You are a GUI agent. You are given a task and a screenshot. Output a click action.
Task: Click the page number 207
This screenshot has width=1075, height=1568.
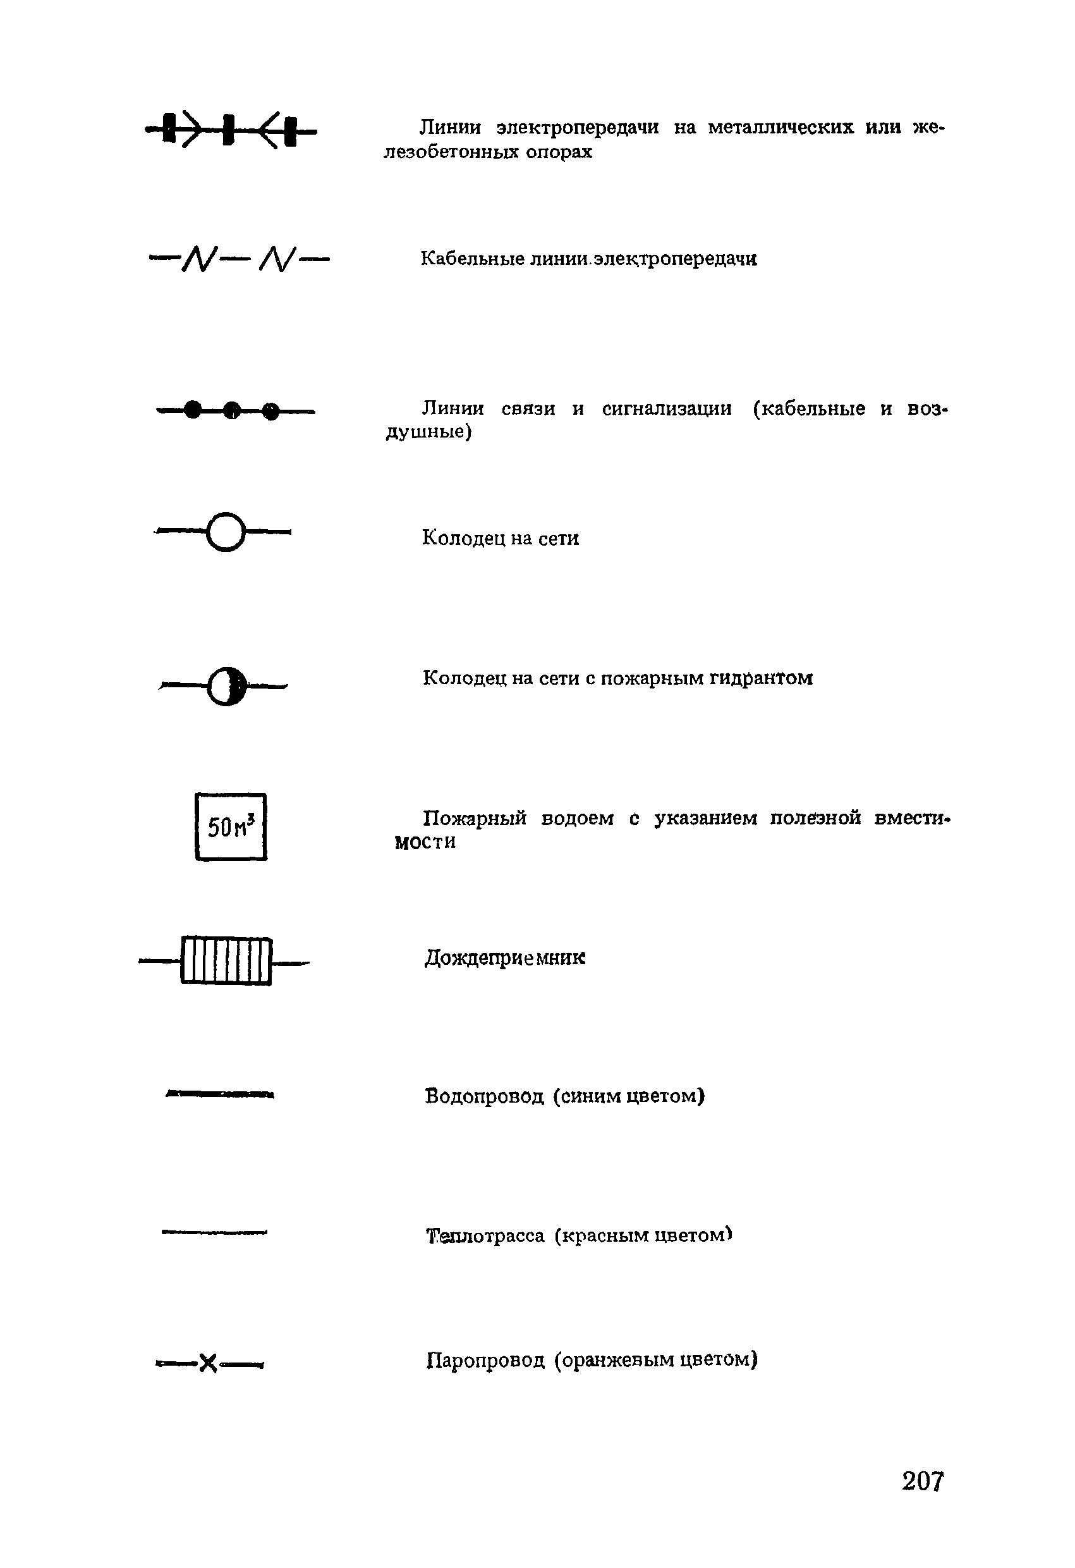923,1481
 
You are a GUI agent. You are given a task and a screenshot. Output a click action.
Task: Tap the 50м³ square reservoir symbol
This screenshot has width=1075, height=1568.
231,826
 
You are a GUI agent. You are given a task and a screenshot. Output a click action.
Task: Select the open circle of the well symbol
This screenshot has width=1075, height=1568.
225,532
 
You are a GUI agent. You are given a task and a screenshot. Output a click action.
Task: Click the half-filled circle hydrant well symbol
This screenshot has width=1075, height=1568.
228,687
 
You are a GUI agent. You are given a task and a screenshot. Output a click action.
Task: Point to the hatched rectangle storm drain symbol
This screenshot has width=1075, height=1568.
226,961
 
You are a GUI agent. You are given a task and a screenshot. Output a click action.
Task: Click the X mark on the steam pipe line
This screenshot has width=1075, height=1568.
209,1364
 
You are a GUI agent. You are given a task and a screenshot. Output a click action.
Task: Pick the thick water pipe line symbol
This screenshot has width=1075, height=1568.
220,1094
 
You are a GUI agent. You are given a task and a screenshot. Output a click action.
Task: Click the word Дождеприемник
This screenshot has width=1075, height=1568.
504,958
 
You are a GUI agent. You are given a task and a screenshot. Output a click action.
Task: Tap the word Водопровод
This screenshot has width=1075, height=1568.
484,1096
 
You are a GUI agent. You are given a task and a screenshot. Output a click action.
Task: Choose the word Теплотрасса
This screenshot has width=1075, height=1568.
485,1235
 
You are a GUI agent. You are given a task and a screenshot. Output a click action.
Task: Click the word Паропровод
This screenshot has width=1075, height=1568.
485,1359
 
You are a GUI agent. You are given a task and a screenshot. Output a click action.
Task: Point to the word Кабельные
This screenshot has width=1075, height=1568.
472,259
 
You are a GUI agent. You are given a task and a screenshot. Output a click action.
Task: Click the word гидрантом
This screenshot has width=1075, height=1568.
761,678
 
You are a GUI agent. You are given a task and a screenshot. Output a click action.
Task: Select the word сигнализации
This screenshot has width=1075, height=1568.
666,408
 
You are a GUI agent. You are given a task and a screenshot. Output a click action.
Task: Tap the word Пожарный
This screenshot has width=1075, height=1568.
474,818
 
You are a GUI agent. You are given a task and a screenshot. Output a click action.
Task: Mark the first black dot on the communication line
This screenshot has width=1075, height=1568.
193,410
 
